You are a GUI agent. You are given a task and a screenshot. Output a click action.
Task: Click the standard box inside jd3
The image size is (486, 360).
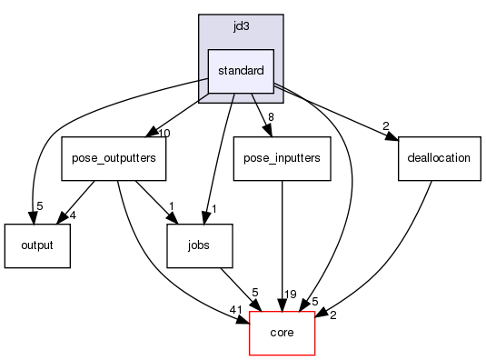pos(241,71)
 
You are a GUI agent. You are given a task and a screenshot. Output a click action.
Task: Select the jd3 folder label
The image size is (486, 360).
pos(241,28)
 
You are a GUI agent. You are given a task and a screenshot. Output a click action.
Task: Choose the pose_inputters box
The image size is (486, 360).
pos(282,158)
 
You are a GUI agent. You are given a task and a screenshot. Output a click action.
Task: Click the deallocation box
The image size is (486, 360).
pos(438,158)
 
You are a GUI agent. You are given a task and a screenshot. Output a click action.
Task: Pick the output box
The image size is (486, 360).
pos(37,245)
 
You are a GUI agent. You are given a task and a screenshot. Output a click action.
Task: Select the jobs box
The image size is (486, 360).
pos(200,245)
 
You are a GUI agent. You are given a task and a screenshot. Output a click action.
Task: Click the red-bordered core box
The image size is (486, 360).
pos(282,333)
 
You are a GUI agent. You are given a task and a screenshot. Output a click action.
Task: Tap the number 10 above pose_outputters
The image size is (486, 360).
pos(164,134)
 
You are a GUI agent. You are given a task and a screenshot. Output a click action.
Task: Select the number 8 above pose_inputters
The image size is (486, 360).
pos(271,116)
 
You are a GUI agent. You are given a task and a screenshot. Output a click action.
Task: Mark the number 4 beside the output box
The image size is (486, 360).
pos(74,215)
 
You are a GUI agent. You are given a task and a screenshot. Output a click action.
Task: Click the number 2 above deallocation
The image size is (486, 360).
pos(385,125)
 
